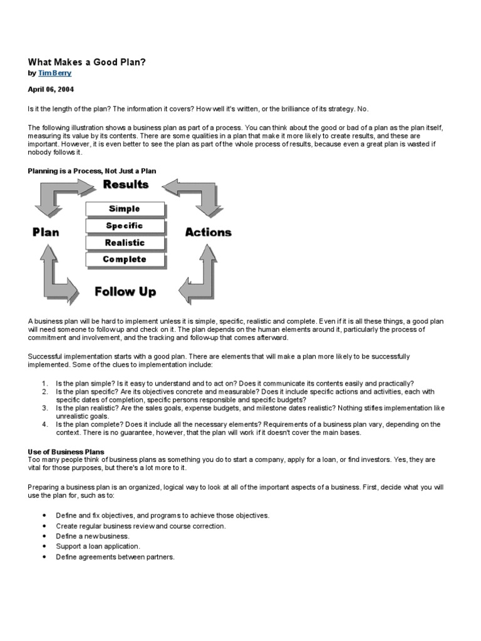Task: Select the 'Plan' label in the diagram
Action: coord(46,232)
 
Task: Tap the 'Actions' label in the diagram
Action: coord(208,232)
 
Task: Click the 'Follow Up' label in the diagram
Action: coord(125,292)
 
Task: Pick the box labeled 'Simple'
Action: coord(125,208)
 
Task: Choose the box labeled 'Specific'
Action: coord(125,225)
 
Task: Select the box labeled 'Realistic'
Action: coord(125,242)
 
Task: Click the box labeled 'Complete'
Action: coord(125,259)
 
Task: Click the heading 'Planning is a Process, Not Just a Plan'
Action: coord(91,171)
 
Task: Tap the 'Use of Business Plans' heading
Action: coord(66,451)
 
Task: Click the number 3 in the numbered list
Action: coord(44,408)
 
